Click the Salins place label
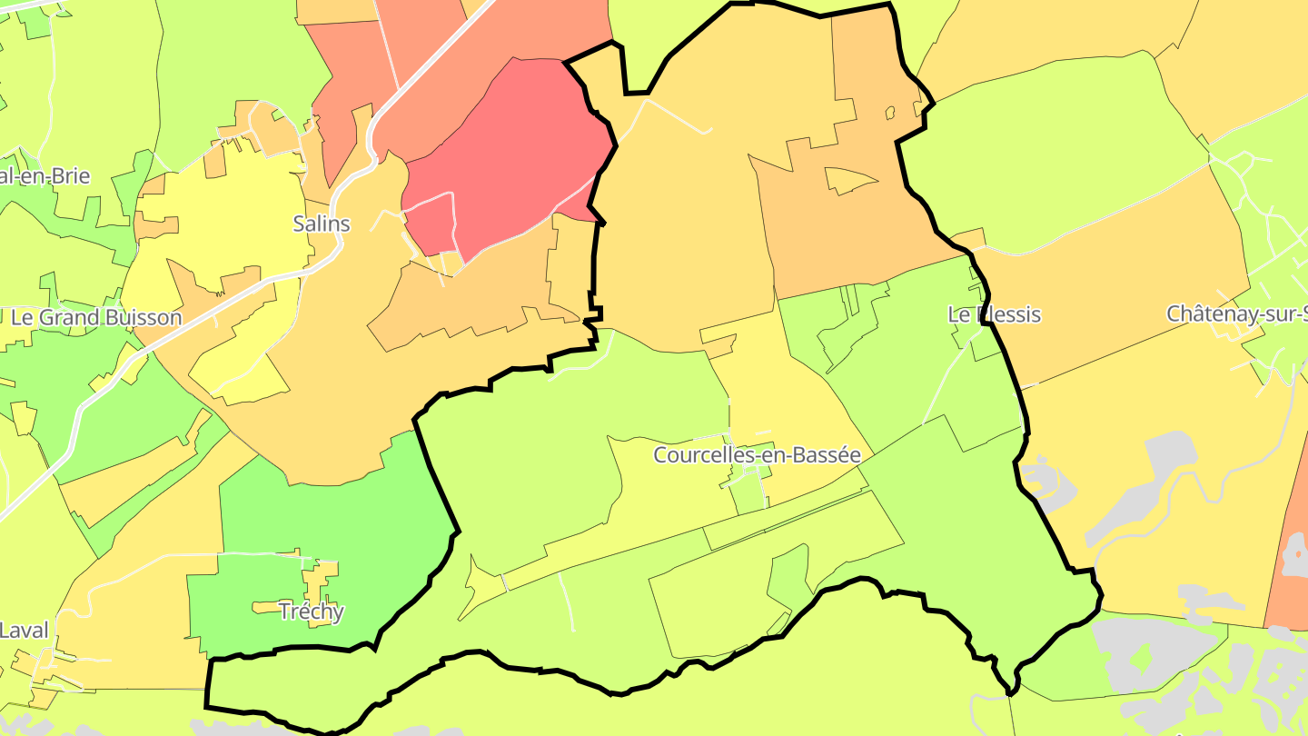pyautogui.click(x=322, y=224)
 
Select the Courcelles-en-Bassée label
pyautogui.click(x=757, y=455)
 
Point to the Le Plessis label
pyautogui.click(x=994, y=315)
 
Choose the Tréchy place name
pyautogui.click(x=312, y=612)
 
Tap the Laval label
pyautogui.click(x=24, y=630)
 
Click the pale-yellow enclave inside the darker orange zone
pyautogui.click(x=847, y=180)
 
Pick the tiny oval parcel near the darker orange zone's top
pyautogui.click(x=891, y=113)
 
